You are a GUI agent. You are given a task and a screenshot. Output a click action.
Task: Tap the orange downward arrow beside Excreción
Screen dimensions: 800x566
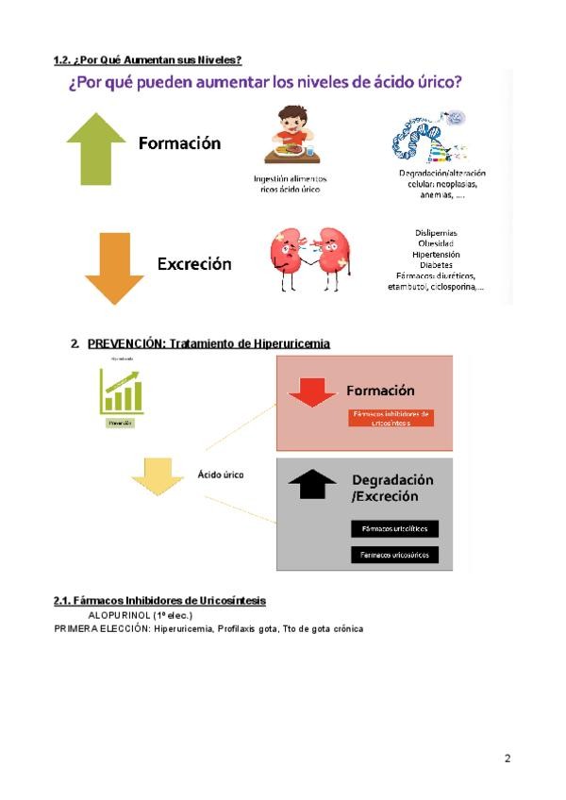(114, 268)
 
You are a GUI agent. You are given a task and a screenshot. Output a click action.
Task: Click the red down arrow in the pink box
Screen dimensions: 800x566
(312, 391)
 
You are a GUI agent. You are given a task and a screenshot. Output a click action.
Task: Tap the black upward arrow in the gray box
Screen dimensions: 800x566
(312, 483)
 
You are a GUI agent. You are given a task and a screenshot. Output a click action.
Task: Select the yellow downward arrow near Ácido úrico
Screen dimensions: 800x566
(158, 475)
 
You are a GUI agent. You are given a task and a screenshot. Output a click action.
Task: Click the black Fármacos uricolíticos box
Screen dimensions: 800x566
(394, 529)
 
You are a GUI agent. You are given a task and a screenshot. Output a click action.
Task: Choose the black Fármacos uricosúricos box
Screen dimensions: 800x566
(394, 555)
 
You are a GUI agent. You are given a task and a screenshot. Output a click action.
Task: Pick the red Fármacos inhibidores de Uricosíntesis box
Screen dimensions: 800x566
(391, 418)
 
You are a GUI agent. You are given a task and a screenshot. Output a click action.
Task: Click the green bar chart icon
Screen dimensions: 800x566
(121, 392)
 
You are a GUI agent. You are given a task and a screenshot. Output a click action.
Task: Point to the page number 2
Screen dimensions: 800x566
(508, 758)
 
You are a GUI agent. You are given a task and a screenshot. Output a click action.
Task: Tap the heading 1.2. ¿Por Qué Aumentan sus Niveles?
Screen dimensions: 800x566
(148, 60)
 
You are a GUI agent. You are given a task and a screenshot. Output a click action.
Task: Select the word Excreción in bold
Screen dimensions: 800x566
(194, 264)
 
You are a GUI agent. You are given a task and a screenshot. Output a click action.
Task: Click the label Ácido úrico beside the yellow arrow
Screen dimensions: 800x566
(220, 475)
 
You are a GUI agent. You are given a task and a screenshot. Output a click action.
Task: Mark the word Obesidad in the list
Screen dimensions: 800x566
(436, 243)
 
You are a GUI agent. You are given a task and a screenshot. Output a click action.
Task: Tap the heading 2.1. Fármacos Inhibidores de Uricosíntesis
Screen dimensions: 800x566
(159, 601)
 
